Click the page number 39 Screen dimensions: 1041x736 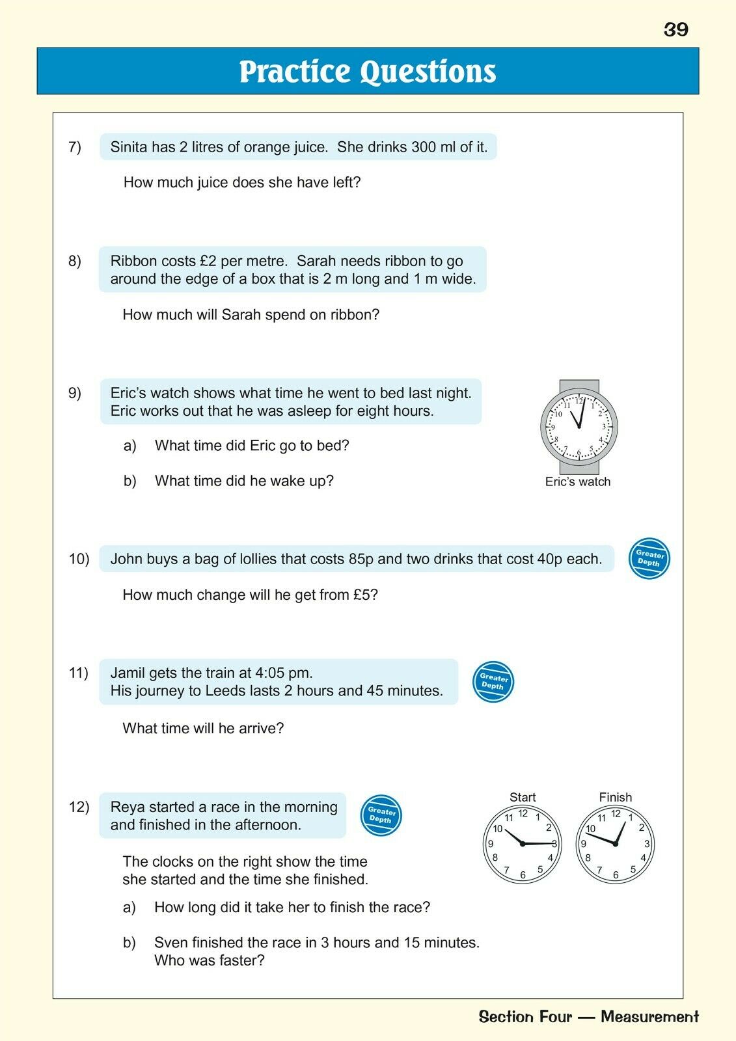[676, 29]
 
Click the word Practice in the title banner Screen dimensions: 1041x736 [295, 72]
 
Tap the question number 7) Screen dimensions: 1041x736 [75, 147]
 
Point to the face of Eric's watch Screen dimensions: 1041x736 [579, 427]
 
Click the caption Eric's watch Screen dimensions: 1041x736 [578, 482]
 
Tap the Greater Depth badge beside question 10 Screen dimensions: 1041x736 [649, 559]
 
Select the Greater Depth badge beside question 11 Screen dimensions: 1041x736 [493, 682]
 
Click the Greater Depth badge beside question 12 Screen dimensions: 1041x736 [381, 815]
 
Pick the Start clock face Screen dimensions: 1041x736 [522, 844]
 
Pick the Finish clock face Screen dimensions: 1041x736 [615, 844]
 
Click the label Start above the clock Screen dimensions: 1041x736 [523, 797]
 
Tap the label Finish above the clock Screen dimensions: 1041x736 [615, 797]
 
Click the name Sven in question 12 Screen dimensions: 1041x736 [170, 943]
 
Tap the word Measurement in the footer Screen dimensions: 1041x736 [649, 1017]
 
